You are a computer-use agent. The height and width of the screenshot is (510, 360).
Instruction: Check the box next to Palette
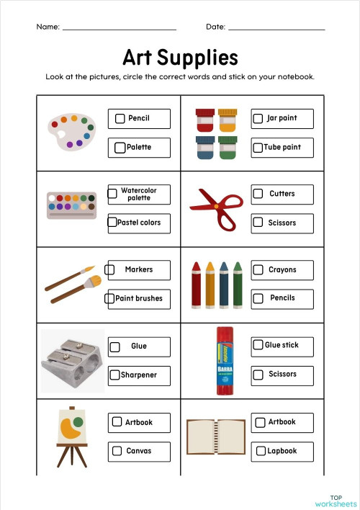pyautogui.click(x=120, y=148)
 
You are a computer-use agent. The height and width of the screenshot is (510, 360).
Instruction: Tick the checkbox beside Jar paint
pyautogui.click(x=258, y=118)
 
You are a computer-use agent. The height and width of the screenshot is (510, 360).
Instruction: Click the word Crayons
pyautogui.click(x=282, y=269)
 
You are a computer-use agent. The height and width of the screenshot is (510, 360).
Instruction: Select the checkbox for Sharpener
pyautogui.click(x=114, y=375)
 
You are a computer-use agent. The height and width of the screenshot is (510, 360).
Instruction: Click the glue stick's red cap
pyautogui.click(x=225, y=334)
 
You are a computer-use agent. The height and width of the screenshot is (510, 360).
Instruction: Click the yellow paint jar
pyautogui.click(x=228, y=119)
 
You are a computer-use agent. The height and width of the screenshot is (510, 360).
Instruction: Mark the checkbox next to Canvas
pyautogui.click(x=117, y=451)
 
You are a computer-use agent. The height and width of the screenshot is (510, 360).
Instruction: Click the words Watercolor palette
pyautogui.click(x=139, y=194)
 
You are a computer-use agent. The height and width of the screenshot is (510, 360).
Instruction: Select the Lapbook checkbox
pyautogui.click(x=261, y=451)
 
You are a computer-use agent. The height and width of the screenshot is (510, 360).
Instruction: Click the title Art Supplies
pyautogui.click(x=180, y=57)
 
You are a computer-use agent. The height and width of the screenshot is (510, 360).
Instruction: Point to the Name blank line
pyautogui.click(x=120, y=29)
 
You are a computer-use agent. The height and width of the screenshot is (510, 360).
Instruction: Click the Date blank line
pyautogui.click(x=276, y=29)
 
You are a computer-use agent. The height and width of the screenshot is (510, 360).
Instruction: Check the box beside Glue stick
pyautogui.click(x=258, y=345)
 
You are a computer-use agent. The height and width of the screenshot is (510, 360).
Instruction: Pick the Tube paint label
pyautogui.click(x=282, y=147)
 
